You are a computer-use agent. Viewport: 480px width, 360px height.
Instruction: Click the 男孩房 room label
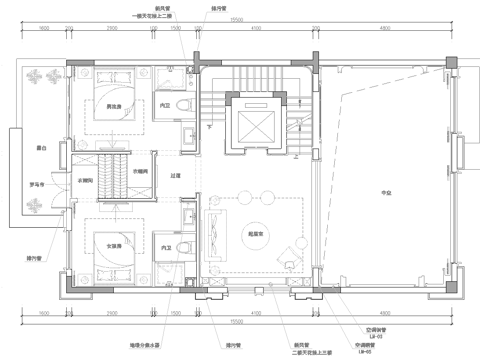116,107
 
